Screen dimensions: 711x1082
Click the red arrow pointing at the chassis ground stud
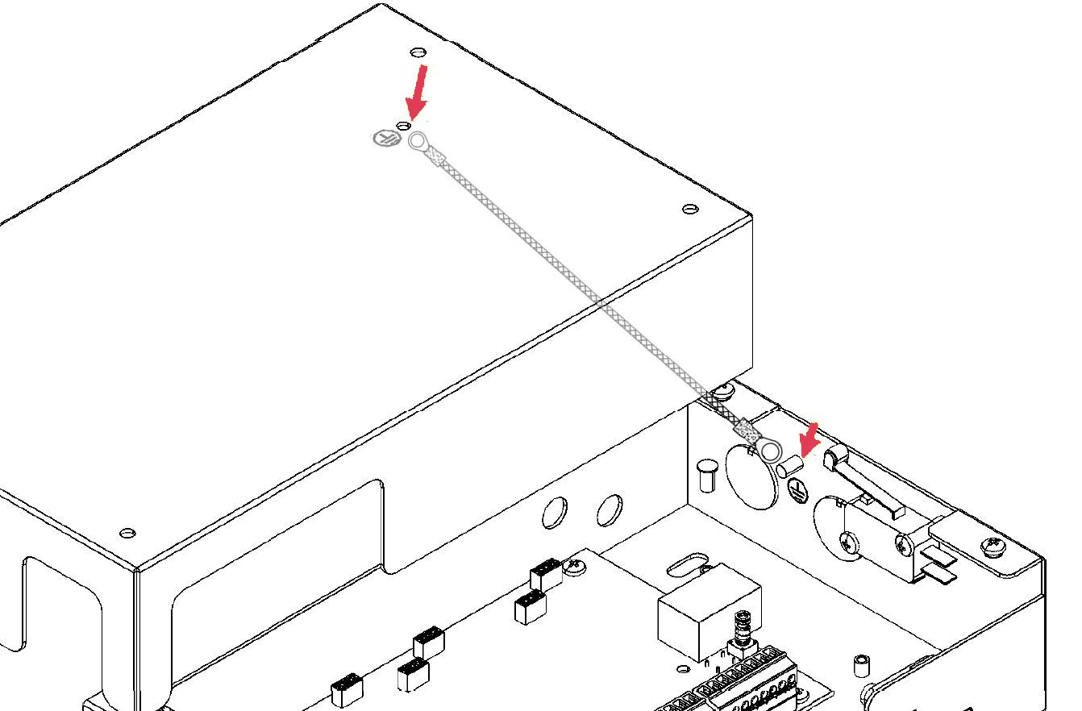click(807, 440)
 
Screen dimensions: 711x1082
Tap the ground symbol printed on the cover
click(385, 138)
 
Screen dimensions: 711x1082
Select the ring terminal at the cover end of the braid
click(418, 143)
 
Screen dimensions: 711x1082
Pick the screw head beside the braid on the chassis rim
click(725, 392)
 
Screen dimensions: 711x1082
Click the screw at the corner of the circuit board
click(576, 567)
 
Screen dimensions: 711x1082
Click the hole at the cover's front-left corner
click(127, 533)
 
